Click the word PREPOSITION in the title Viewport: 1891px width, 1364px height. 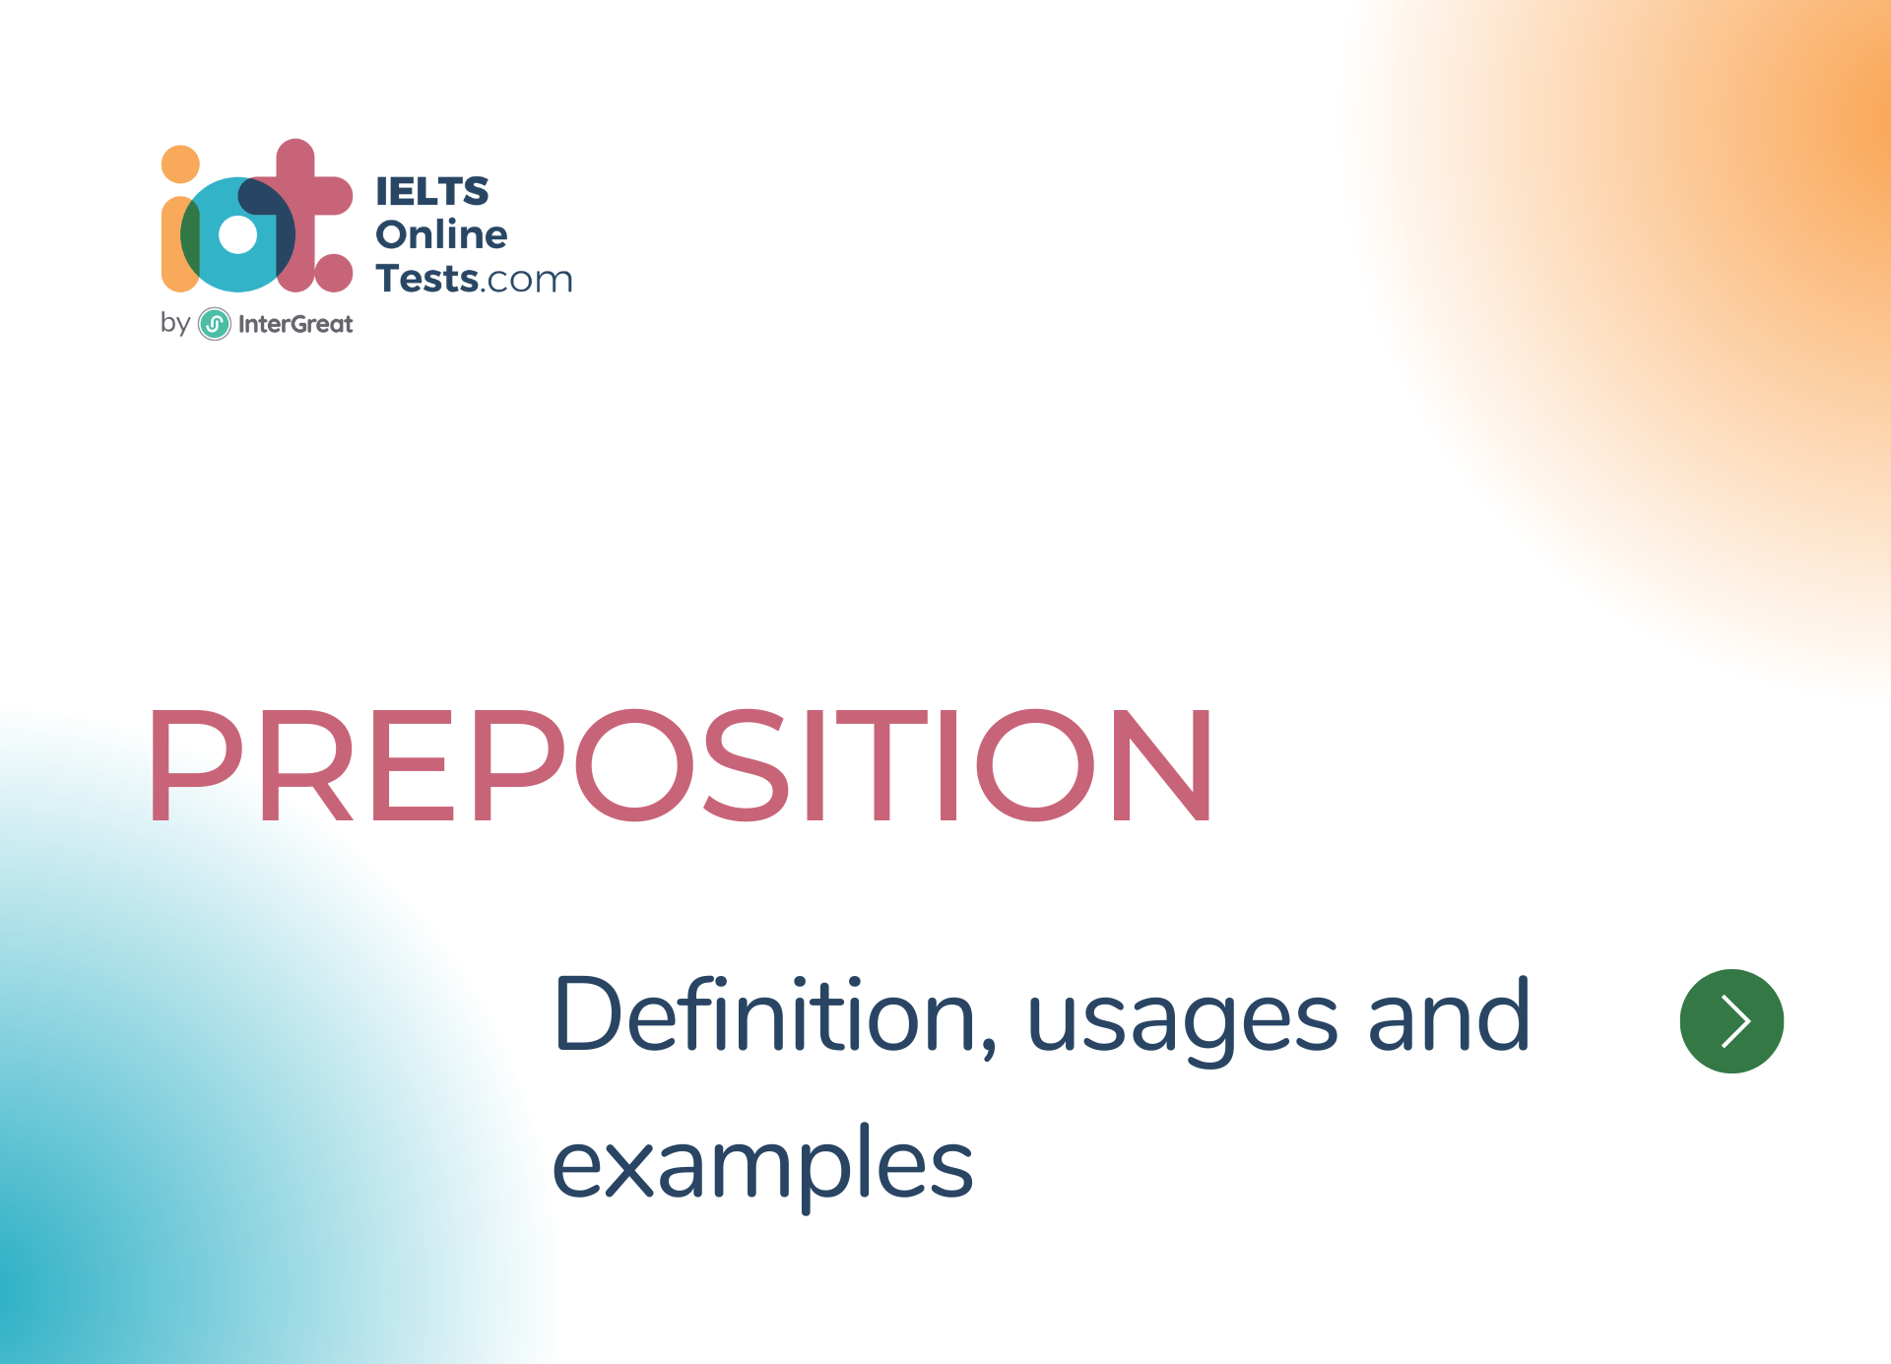pyautogui.click(x=680, y=764)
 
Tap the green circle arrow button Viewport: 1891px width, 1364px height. pyautogui.click(x=1731, y=1020)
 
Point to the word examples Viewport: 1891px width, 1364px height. pyautogui.click(x=762, y=1166)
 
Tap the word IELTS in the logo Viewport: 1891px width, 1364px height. pyautogui.click(x=431, y=191)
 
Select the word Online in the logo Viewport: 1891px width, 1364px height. pyautogui.click(x=441, y=234)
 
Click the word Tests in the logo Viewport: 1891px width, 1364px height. pyautogui.click(x=426, y=279)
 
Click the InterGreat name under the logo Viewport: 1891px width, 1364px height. pyautogui.click(x=294, y=324)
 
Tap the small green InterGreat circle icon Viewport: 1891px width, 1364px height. pyautogui.click(x=215, y=324)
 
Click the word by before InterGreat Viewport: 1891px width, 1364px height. pyautogui.click(x=174, y=323)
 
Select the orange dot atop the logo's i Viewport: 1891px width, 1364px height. pyautogui.click(x=180, y=164)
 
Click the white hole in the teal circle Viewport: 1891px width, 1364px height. pyautogui.click(x=237, y=234)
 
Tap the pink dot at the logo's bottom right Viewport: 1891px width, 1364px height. pyautogui.click(x=334, y=273)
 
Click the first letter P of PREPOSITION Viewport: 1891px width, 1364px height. pyautogui.click(x=194, y=764)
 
